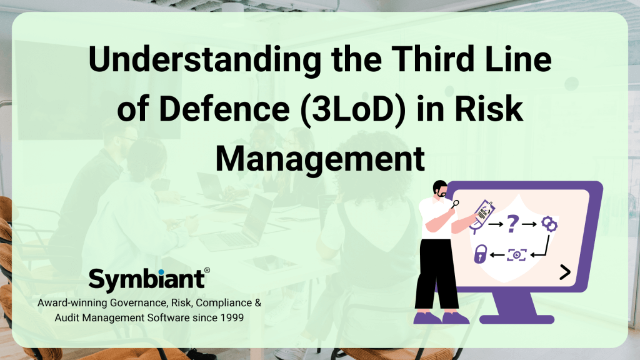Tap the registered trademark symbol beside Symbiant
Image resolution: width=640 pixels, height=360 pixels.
207,271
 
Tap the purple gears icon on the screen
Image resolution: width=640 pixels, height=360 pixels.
549,223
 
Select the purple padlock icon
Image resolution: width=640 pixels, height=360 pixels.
480,254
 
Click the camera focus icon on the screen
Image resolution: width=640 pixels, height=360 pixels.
516,254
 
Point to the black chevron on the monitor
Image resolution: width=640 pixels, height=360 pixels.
565,271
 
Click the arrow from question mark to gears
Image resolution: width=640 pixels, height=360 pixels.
531,222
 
